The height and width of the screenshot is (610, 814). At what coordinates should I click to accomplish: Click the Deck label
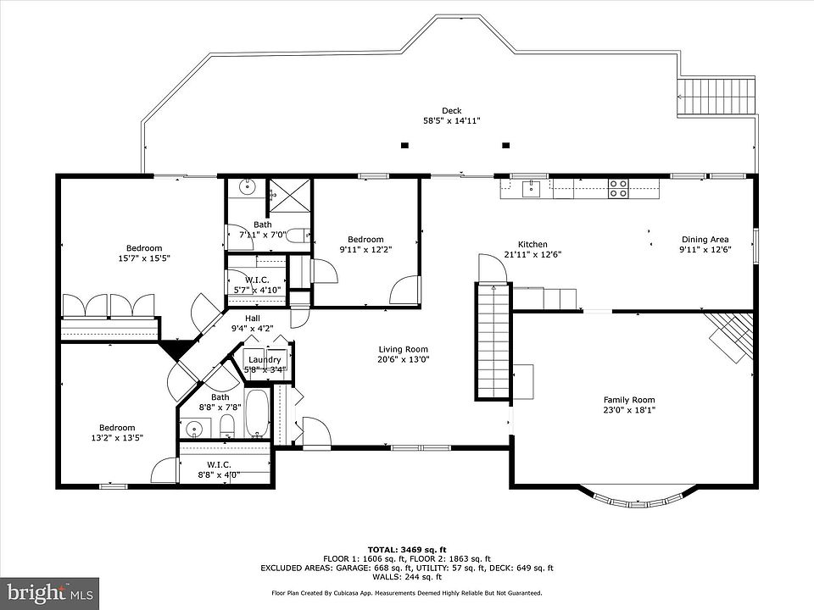452,110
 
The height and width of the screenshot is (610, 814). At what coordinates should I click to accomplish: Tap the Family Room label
629,400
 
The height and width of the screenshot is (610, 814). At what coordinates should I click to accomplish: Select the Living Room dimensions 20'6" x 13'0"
404,359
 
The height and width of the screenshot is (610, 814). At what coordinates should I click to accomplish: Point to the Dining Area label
705,240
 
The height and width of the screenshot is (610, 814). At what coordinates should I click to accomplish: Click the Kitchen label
532,244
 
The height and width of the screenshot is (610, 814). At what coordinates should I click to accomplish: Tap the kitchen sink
531,189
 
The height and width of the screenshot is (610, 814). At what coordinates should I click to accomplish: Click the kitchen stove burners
618,188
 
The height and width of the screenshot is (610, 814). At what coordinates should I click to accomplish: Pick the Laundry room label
265,359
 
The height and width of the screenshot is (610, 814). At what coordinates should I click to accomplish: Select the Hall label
253,319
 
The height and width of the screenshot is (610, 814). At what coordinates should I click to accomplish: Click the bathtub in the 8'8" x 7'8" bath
257,413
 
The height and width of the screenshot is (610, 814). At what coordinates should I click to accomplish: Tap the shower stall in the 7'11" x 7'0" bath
289,195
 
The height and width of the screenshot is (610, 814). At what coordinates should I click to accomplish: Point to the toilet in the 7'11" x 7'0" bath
298,236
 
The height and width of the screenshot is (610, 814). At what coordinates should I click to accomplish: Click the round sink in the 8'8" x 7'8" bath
194,429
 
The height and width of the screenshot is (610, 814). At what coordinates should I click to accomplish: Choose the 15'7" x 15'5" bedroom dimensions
144,258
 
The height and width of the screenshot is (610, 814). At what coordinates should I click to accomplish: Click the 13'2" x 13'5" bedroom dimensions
117,437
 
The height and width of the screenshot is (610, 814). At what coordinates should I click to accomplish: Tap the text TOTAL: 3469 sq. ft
407,550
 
